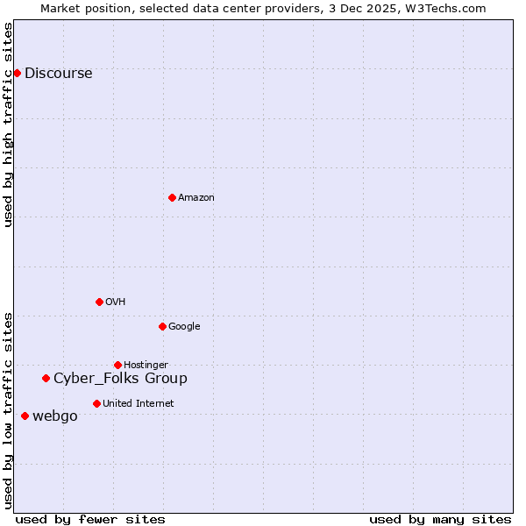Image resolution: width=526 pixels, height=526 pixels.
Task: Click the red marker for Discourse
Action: [x=17, y=73]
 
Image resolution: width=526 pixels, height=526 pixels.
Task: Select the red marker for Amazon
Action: [x=172, y=197]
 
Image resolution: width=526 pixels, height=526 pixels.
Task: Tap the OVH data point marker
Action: [x=99, y=302]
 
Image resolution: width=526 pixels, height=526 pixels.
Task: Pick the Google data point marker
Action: [x=162, y=326]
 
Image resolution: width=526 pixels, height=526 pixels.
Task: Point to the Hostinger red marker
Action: [x=117, y=365]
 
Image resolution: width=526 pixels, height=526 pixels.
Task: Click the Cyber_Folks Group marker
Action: [x=46, y=378]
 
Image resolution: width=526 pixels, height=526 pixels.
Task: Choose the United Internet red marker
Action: [x=96, y=403]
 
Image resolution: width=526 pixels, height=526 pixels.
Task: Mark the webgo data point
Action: [x=25, y=416]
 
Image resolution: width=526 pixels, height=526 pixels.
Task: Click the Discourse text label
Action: [x=58, y=74]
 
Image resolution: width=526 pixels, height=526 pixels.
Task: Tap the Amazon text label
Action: [x=196, y=198]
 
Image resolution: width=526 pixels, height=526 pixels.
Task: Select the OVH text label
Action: [x=116, y=302]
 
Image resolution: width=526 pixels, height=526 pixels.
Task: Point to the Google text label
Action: [x=184, y=327]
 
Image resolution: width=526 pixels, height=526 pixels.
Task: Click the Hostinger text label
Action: [x=146, y=366]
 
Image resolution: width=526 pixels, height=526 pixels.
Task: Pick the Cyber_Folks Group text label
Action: [x=120, y=379]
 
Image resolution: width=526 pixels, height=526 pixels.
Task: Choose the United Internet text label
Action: [x=138, y=404]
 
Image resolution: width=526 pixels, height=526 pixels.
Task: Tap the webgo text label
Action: [x=54, y=416]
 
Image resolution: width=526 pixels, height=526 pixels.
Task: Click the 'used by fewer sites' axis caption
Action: [x=90, y=519]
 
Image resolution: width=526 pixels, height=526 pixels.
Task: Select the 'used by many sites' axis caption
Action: [x=440, y=519]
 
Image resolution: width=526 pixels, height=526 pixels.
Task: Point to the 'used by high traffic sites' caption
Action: [x=9, y=124]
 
